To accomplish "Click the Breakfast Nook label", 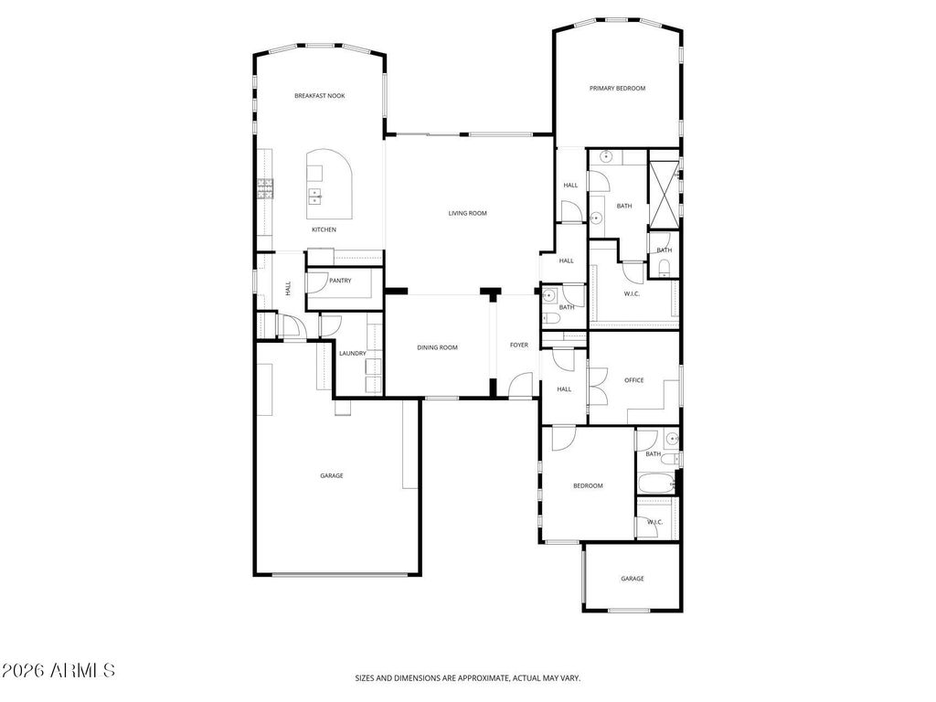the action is tap(319, 95).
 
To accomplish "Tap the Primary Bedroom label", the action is tap(617, 89).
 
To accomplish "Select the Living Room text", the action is tap(467, 213).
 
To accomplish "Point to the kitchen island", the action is tap(329, 185).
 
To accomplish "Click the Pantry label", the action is tap(340, 281).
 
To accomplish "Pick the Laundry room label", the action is tap(352, 354).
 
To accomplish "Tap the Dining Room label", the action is tap(437, 347).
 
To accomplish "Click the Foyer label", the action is tap(519, 345).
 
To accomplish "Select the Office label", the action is tap(634, 380).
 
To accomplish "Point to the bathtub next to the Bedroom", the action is tap(656, 483).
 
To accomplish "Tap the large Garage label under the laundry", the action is tap(331, 475).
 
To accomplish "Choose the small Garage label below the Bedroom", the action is tap(633, 579).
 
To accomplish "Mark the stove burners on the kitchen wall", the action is tap(265, 188).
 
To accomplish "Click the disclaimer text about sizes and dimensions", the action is tap(468, 678).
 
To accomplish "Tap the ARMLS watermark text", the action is tap(58, 670).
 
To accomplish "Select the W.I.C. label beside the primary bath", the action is tap(632, 293).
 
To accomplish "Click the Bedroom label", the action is tap(588, 486).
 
